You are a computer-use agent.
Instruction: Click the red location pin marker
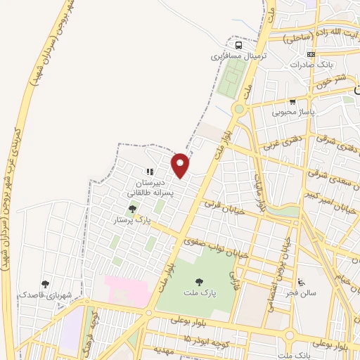[x=181, y=165]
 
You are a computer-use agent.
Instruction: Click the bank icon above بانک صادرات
[x=311, y=55]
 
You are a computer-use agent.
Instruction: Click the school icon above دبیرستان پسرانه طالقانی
[x=149, y=171]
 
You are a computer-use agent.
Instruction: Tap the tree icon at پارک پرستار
[x=133, y=209]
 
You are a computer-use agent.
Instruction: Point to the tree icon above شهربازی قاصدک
[x=46, y=284]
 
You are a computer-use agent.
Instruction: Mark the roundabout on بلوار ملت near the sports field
[x=240, y=109]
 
